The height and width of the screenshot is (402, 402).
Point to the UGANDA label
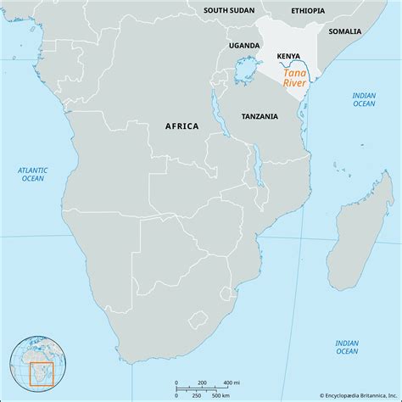coord(244,44)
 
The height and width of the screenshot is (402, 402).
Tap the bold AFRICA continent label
coord(181,126)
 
